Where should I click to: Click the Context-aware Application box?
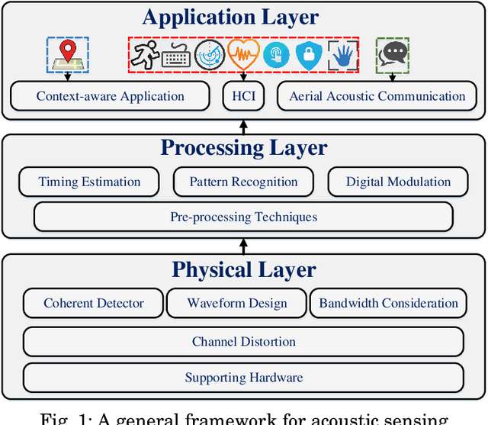110,96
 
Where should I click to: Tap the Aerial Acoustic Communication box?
377,96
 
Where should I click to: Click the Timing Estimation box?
89,182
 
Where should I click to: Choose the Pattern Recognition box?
243,182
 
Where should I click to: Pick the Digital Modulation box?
398,182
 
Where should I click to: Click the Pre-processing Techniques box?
243,217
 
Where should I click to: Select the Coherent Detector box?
93,303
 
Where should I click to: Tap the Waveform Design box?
236,303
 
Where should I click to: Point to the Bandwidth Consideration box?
388,303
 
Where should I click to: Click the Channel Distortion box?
243,341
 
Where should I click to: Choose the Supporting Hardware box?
243,378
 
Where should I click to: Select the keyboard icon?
176,55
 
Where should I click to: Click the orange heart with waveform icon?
243,55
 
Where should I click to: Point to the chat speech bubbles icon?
393,55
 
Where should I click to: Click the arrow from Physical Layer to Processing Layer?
243,246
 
